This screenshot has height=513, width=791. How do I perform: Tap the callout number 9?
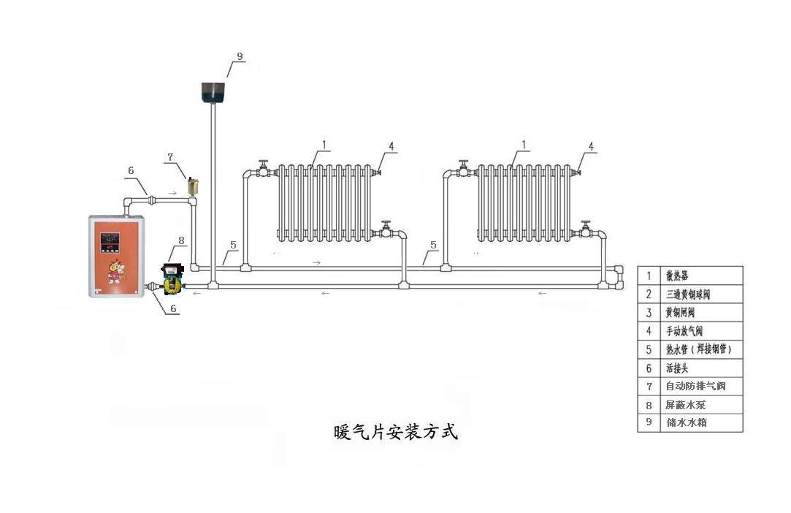click(x=240, y=56)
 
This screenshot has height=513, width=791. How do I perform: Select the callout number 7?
click(x=171, y=157)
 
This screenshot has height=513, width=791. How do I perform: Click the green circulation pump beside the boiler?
click(x=172, y=278)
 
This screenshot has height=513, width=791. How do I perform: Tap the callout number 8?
click(x=181, y=239)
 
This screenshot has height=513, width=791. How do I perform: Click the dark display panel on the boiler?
click(x=111, y=239)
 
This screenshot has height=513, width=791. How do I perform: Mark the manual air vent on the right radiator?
click(x=576, y=172)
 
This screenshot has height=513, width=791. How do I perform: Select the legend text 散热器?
click(x=676, y=276)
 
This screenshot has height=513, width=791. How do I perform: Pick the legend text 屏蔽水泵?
click(x=685, y=404)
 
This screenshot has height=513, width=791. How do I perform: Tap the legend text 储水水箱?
click(x=685, y=422)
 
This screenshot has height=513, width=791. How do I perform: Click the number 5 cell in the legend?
click(x=648, y=349)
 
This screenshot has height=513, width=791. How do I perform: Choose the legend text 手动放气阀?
click(x=684, y=331)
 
